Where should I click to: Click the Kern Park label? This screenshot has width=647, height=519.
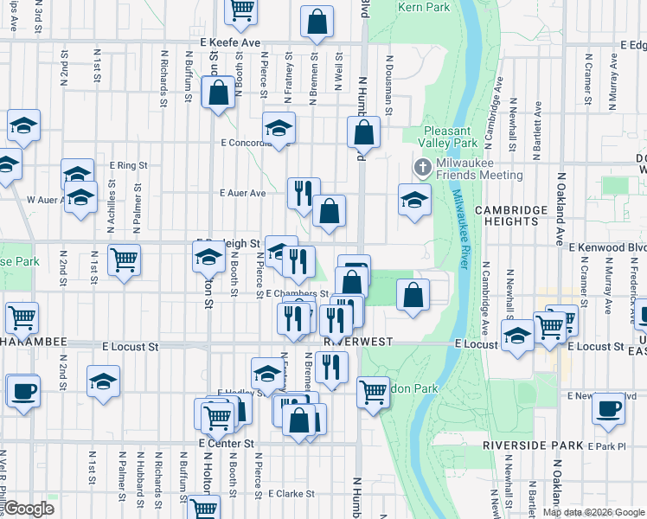click(x=424, y=7)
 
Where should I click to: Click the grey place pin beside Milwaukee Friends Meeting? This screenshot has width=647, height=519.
click(x=422, y=166)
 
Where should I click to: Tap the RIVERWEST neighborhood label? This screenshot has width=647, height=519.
click(x=359, y=342)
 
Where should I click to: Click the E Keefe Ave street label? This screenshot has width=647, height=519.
click(x=229, y=42)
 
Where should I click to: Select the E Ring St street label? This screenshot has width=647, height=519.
click(x=129, y=163)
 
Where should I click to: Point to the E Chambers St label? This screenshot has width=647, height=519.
click(x=291, y=293)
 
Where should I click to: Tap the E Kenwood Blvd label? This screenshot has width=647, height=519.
click(x=607, y=247)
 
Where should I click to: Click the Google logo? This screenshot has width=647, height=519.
click(x=29, y=509)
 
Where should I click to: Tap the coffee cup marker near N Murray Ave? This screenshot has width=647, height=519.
click(x=608, y=408)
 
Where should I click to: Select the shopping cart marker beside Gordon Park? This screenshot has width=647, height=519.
click(x=373, y=391)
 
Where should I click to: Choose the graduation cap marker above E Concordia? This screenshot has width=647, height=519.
click(x=279, y=128)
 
